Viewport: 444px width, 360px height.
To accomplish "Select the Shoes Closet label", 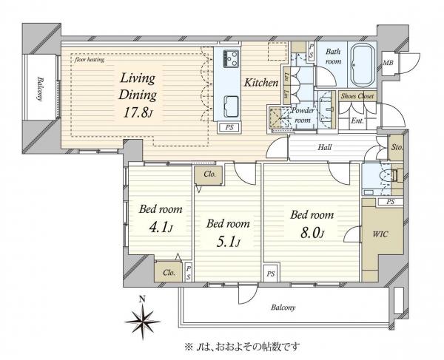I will tap(357, 96).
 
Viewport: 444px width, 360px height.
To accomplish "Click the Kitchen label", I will tap(261, 84).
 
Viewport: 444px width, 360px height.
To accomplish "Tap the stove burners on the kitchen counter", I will tap(229, 57).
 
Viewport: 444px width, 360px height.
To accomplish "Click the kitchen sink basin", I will tap(229, 104).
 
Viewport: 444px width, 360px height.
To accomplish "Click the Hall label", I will tap(324, 148).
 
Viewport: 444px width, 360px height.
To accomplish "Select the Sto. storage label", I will tap(397, 148).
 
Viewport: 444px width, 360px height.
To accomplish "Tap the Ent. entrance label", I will tap(357, 120).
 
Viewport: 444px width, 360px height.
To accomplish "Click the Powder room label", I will tap(304, 114).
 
